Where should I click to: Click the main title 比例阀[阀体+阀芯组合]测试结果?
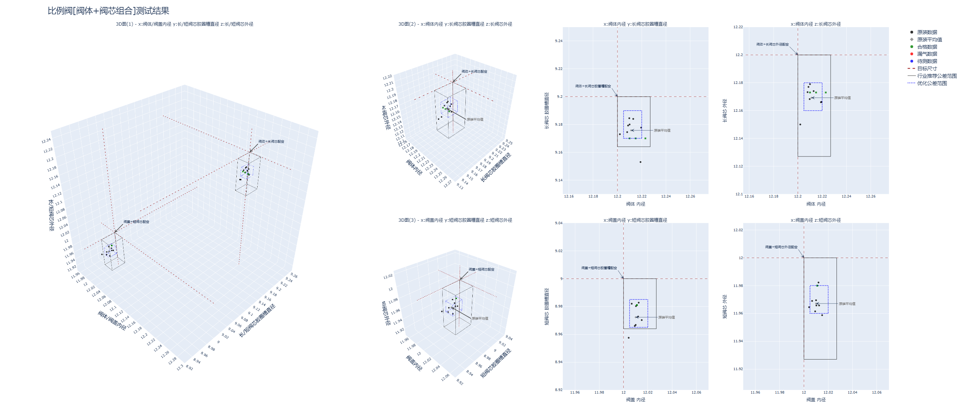click(108, 11)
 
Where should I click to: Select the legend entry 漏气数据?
click(927, 54)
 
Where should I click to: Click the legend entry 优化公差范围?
click(932, 83)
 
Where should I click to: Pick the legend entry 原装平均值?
click(929, 40)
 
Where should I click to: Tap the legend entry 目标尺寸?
click(927, 69)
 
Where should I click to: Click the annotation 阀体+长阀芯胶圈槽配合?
click(593, 86)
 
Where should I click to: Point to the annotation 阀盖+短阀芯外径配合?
click(781, 247)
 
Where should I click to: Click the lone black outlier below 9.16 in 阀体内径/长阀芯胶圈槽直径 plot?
click(640, 162)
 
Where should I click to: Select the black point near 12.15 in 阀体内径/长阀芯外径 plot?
click(800, 125)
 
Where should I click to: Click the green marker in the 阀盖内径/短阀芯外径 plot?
click(817, 285)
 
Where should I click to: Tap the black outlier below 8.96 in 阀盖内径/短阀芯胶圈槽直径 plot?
click(628, 338)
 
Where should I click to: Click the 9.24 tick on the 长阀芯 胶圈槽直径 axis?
click(558, 41)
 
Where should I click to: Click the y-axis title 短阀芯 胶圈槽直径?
click(547, 306)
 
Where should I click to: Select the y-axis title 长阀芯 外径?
click(724, 111)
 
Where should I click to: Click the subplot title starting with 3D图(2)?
click(455, 24)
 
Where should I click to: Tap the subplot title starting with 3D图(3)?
click(455, 220)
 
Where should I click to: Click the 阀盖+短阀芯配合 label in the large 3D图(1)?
click(136, 222)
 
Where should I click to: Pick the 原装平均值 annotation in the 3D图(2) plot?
click(475, 120)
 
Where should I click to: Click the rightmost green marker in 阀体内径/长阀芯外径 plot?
click(826, 92)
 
